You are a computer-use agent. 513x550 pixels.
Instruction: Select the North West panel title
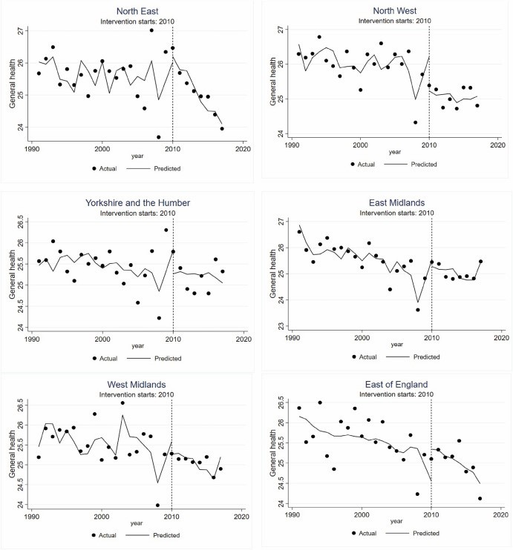394,10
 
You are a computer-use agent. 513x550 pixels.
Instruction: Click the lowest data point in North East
158,137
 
